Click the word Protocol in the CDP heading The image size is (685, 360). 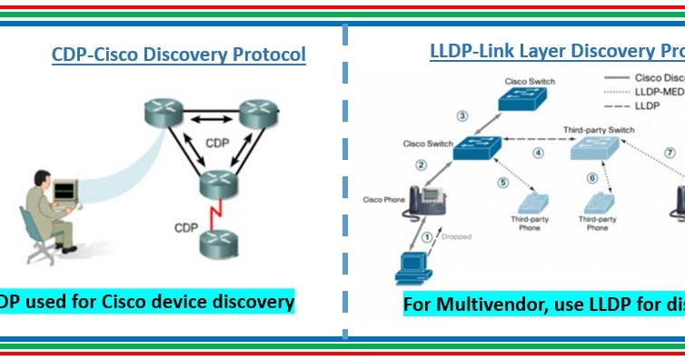[269, 55]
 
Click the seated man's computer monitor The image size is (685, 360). [65, 191]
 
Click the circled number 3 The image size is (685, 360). [462, 115]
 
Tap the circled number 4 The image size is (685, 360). [538, 153]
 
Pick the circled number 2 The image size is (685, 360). [421, 165]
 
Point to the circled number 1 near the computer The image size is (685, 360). [426, 237]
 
